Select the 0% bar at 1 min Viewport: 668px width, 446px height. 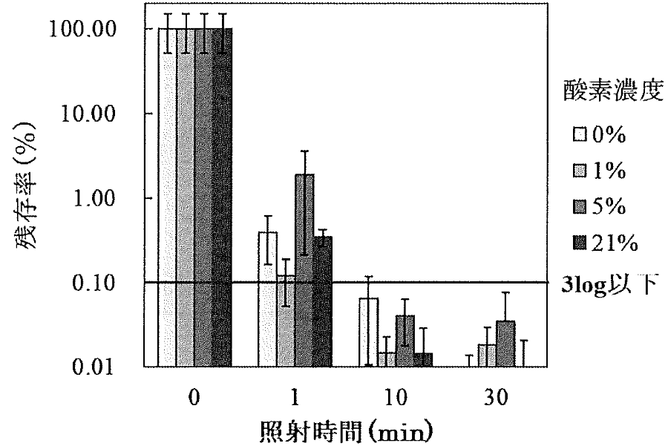click(x=267, y=300)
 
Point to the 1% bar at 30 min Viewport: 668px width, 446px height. click(x=487, y=355)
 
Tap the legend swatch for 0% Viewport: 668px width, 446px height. click(x=579, y=136)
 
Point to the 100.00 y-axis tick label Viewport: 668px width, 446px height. click(x=99, y=30)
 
